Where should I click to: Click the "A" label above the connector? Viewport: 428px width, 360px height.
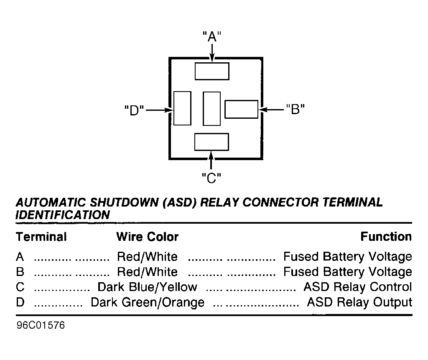tap(212, 36)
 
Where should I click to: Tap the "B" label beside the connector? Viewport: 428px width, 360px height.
tap(296, 109)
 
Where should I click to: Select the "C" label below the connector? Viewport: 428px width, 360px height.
tap(211, 178)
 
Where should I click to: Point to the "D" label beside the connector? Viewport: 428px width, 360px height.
tap(134, 110)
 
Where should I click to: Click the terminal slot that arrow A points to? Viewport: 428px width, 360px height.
tap(212, 71)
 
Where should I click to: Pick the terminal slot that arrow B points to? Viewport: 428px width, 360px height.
tap(241, 109)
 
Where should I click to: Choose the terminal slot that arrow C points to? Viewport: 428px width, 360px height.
tap(211, 142)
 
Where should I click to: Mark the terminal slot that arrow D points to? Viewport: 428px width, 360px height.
tap(182, 108)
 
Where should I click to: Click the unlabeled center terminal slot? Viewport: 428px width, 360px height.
tap(211, 109)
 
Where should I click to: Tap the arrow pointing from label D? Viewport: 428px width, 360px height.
tap(160, 110)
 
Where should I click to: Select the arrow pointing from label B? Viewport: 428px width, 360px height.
tap(272, 110)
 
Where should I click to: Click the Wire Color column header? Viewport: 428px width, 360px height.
tap(148, 237)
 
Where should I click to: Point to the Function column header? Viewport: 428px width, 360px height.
tap(386, 237)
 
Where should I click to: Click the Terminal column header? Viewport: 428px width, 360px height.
tap(41, 237)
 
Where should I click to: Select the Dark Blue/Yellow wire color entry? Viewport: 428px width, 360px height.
tap(148, 287)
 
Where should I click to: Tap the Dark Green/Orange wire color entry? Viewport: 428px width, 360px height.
tap(148, 302)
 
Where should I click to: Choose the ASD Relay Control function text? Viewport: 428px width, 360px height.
tap(358, 287)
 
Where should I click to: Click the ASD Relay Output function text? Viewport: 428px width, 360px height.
tap(359, 302)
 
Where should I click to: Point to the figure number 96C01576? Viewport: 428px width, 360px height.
tap(41, 325)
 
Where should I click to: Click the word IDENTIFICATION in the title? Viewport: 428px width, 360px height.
tap(63, 215)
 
